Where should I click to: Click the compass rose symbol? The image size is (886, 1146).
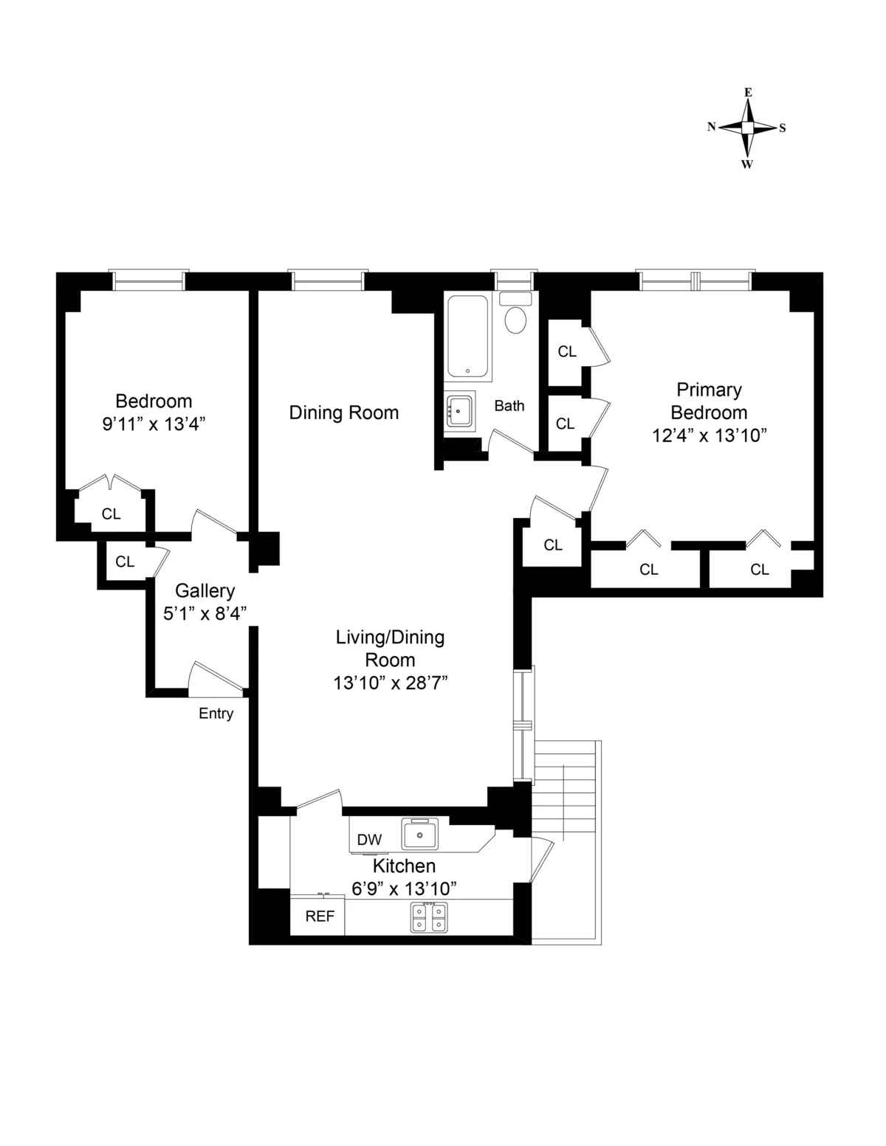pyautogui.click(x=747, y=128)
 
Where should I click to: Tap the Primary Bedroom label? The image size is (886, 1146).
pyautogui.click(x=709, y=401)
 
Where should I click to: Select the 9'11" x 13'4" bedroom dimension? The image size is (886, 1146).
pyautogui.click(x=154, y=424)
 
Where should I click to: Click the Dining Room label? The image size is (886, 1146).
pyautogui.click(x=343, y=413)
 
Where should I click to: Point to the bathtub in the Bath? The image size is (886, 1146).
pyautogui.click(x=468, y=337)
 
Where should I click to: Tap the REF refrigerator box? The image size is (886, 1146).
pyautogui.click(x=320, y=916)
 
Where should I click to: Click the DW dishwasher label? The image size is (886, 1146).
pyautogui.click(x=369, y=840)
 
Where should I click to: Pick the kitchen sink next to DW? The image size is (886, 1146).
pyautogui.click(x=419, y=835)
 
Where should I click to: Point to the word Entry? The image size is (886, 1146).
pyautogui.click(x=216, y=714)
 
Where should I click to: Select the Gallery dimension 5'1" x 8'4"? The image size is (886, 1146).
pyautogui.click(x=205, y=613)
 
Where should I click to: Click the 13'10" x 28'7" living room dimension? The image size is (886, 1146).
pyautogui.click(x=391, y=683)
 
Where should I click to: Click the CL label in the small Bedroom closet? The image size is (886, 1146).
pyautogui.click(x=111, y=514)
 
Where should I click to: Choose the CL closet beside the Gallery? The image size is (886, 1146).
pyautogui.click(x=125, y=562)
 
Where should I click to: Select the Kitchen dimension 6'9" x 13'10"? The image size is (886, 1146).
pyautogui.click(x=404, y=888)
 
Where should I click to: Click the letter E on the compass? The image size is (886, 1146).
pyautogui.click(x=748, y=92)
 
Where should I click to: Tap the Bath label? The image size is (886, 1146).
pyautogui.click(x=509, y=405)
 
